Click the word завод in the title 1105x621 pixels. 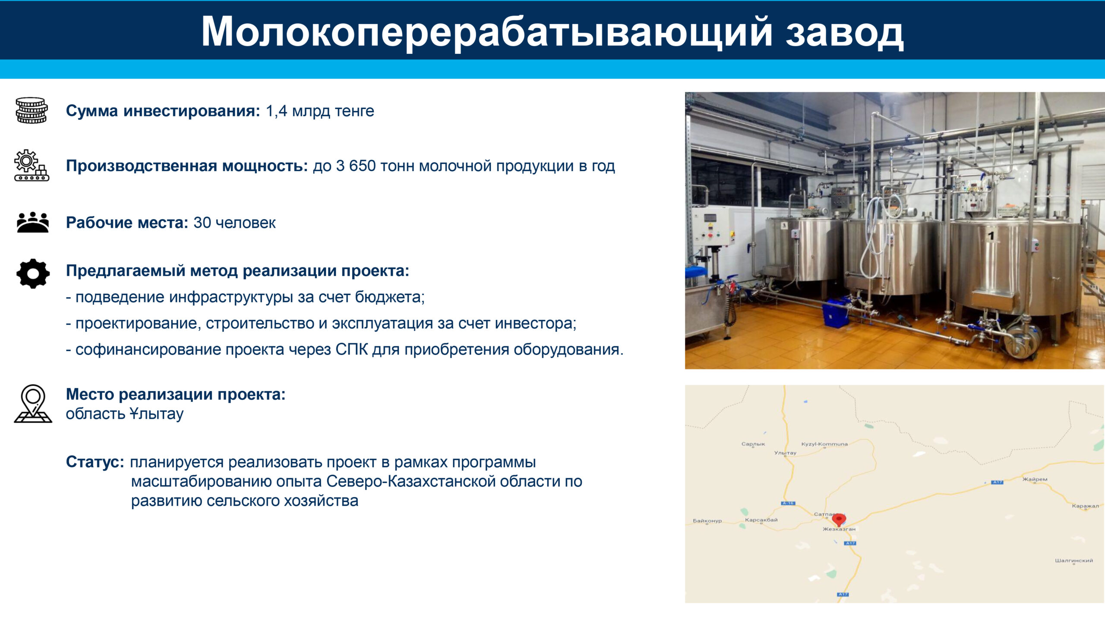(844, 33)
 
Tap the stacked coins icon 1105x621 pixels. (32, 110)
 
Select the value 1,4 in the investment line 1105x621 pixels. (276, 111)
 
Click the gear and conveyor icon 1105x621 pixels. (32, 165)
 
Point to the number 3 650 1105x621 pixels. (356, 166)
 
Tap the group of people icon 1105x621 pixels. (33, 222)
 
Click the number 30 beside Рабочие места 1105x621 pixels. (202, 223)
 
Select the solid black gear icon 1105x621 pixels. (33, 273)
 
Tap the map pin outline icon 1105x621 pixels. (33, 404)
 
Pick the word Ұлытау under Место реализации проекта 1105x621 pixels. (156, 414)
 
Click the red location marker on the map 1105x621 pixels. (839, 520)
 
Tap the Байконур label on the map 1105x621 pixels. (707, 521)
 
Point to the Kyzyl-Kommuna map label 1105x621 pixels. (824, 444)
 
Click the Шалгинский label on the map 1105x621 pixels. (1074, 561)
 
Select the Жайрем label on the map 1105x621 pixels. (1035, 479)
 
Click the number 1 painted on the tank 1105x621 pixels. (991, 235)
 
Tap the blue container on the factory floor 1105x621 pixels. (837, 312)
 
